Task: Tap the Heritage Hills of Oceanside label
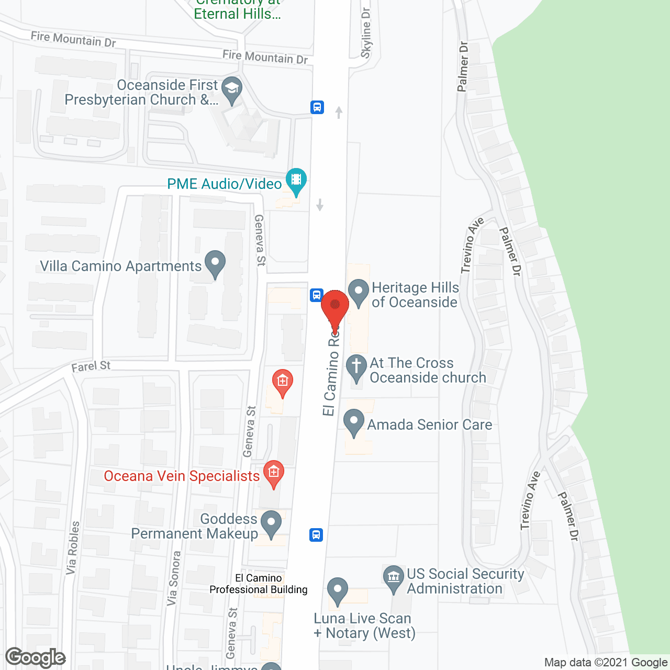click(415, 295)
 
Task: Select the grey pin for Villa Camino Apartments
click(215, 264)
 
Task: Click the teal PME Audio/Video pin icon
click(296, 181)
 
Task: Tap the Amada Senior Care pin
click(354, 422)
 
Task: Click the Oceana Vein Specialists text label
click(182, 476)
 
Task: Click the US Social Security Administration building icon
click(394, 578)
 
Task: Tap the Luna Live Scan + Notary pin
click(338, 590)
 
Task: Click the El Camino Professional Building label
click(259, 584)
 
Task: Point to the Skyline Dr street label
click(366, 33)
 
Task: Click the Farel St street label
click(91, 366)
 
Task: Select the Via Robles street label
click(73, 548)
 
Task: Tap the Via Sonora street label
click(174, 578)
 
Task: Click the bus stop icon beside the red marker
click(316, 295)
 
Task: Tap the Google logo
click(36, 657)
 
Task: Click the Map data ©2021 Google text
click(606, 663)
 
